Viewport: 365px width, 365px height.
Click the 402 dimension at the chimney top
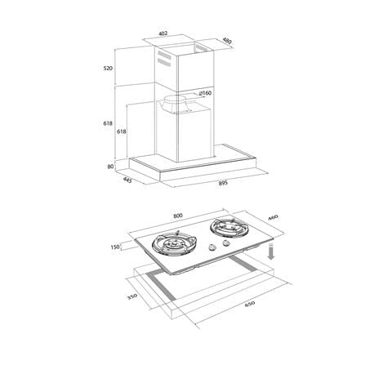coord(162,33)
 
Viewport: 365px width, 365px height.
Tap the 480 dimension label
coord(227,41)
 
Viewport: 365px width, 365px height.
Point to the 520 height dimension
coord(108,69)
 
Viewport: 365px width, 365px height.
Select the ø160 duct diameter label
coord(206,93)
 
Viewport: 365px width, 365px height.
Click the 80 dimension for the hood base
coord(110,166)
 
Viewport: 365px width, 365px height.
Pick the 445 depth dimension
coord(127,180)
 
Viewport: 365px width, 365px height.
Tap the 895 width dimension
coord(223,183)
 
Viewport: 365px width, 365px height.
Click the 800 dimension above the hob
coord(177,216)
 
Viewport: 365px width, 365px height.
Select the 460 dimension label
coord(273,217)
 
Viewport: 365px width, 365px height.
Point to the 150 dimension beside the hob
coord(115,247)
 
